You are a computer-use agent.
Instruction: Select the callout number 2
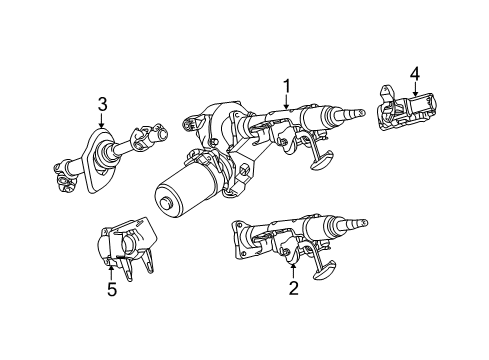click(x=292, y=289)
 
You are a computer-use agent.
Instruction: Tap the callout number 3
click(x=103, y=103)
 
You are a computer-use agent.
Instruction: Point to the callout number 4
click(x=415, y=71)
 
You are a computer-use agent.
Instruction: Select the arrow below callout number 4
click(x=415, y=88)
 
